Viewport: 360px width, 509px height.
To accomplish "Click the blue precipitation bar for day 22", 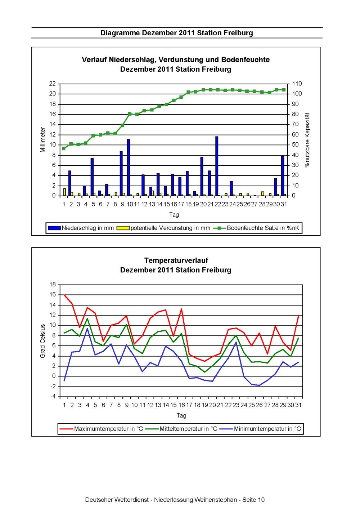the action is tap(217, 166).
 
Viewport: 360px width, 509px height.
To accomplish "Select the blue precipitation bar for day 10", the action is tap(128, 168).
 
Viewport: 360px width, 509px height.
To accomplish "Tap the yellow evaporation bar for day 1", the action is tap(64, 192).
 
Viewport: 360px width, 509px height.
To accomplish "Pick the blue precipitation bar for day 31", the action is tap(283, 176).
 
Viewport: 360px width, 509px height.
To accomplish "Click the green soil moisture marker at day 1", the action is tap(64, 148).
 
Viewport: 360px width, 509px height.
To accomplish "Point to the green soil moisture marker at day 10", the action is tap(130, 114).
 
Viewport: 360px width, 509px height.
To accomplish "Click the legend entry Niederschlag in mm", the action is tap(80, 228).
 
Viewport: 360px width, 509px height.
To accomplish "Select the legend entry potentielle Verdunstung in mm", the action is tap(163, 228).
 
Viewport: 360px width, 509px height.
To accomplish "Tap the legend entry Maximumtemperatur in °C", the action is tap(101, 429).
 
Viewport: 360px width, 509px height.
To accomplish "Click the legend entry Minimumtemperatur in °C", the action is tap(261, 429).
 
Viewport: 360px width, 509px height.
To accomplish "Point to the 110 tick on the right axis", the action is tap(297, 84).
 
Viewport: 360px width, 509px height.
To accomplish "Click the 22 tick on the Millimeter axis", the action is tap(53, 84).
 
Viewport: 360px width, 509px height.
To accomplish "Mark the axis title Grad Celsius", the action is tap(42, 341).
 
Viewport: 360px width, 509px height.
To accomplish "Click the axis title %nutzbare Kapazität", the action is tap(307, 140).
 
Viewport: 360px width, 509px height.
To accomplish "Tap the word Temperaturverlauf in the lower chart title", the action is tap(176, 260).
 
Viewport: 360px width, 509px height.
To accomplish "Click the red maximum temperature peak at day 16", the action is tap(181, 309).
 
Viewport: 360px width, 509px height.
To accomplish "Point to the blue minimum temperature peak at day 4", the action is tap(87, 329).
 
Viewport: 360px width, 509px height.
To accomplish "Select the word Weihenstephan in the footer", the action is tap(215, 500).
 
